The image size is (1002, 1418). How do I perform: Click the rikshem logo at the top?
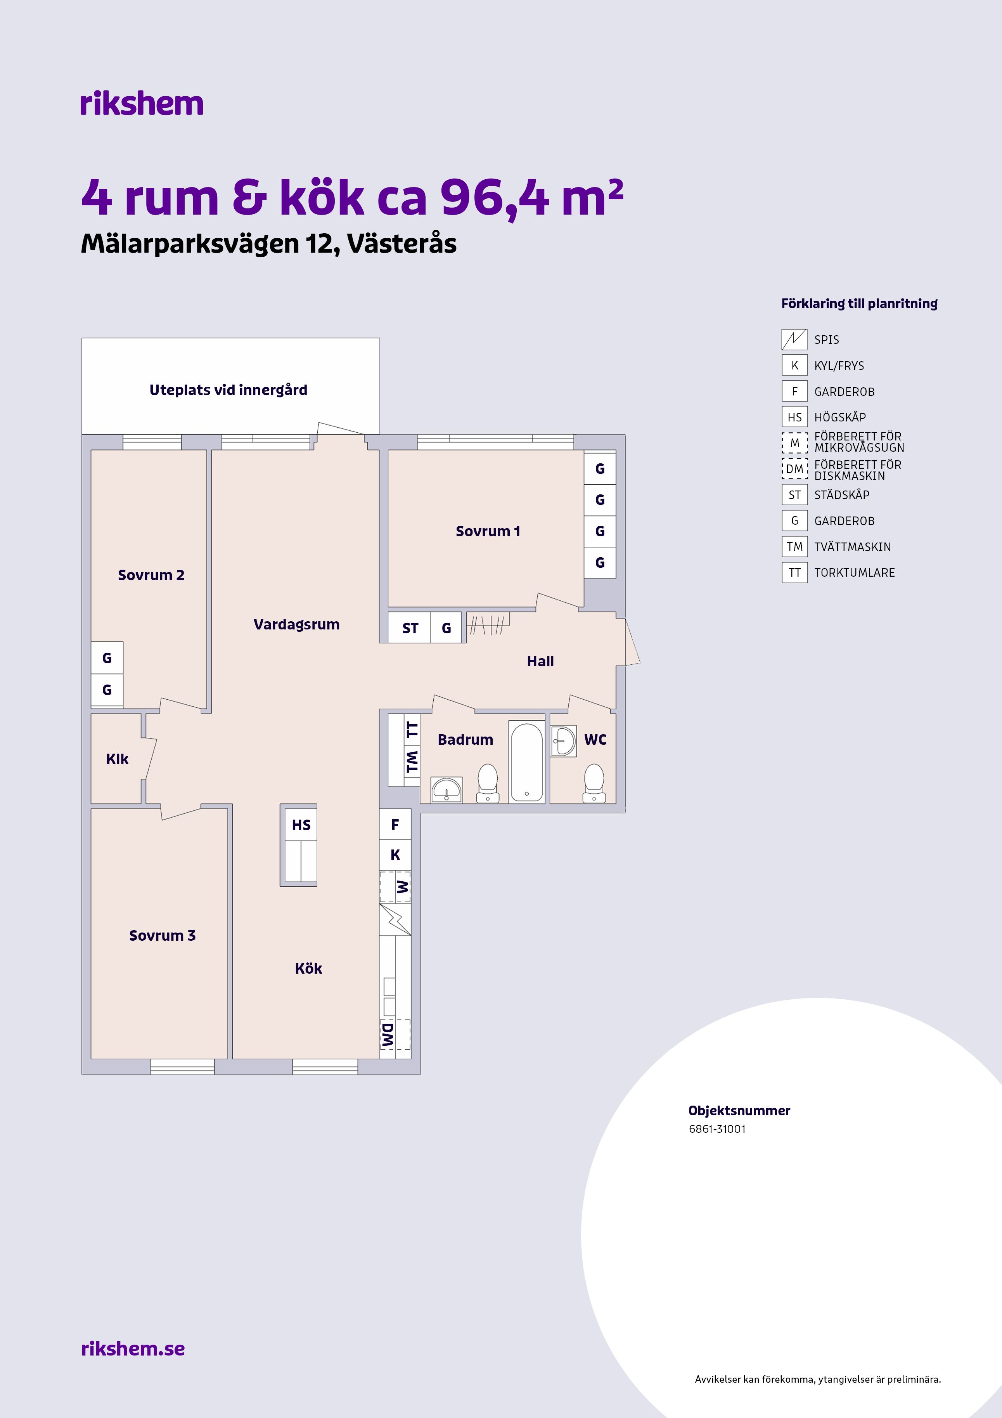(141, 103)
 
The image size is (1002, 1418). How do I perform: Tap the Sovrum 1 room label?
(488, 531)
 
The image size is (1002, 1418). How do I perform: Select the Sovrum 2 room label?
(151, 575)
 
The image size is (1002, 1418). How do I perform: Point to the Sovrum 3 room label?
(163, 936)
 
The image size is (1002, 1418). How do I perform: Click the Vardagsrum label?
(296, 624)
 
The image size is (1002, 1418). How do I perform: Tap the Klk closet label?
(117, 759)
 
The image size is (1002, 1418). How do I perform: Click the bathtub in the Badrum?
(527, 762)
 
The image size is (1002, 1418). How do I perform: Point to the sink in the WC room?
(564, 740)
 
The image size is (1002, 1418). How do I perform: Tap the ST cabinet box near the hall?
(410, 628)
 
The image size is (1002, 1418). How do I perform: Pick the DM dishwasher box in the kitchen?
(395, 1035)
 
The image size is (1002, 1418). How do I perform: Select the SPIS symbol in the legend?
(794, 339)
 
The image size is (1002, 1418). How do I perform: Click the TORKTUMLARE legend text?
(855, 572)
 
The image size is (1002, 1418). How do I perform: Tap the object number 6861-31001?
(717, 1129)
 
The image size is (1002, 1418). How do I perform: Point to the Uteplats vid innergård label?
(228, 390)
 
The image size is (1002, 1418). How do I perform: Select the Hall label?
(540, 661)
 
